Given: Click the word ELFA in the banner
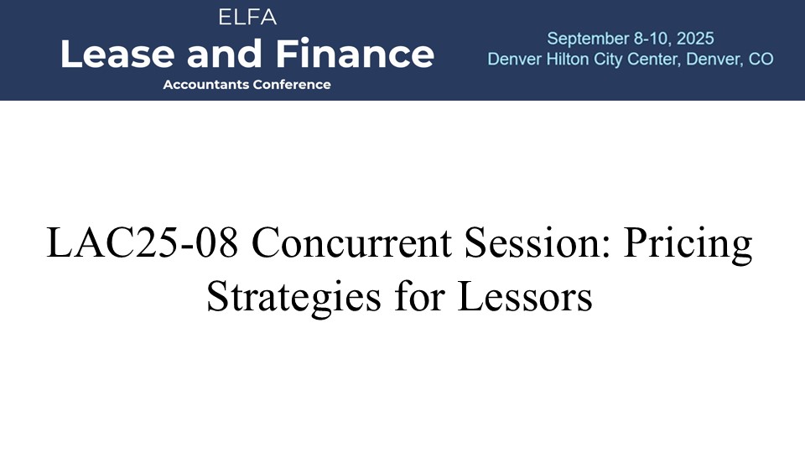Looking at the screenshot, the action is (247, 18).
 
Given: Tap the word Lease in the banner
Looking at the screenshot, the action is (117, 54).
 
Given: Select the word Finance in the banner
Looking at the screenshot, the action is (355, 54).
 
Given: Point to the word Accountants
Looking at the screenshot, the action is (206, 85).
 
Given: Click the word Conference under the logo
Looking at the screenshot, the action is (292, 85).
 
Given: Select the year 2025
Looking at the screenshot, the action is (695, 39).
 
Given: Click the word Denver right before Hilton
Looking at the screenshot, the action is (515, 59).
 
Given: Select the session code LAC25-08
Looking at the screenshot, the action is (143, 242).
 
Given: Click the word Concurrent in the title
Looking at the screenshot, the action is (351, 242).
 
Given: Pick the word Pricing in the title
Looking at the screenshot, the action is (688, 245).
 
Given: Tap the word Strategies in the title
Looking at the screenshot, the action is (293, 298).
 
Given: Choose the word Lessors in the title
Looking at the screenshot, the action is (525, 296).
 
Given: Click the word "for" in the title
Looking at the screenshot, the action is (419, 296).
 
